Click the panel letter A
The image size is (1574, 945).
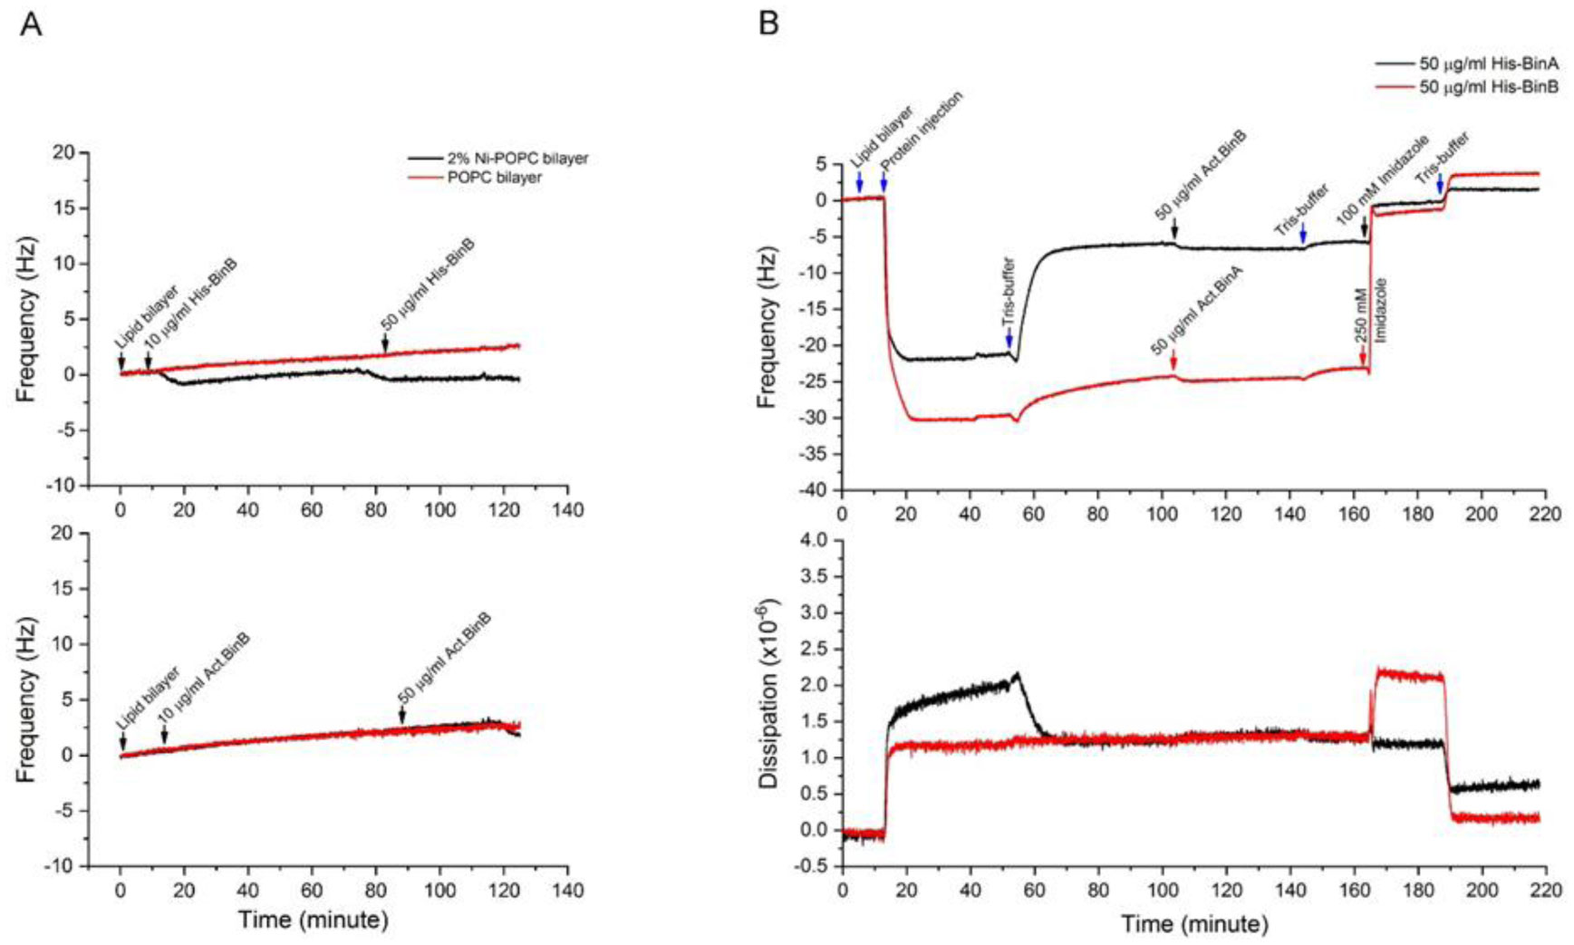tap(31, 24)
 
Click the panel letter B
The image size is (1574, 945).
tap(768, 24)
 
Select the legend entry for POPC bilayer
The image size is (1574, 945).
tap(494, 178)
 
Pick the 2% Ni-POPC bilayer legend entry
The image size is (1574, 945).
tap(517, 159)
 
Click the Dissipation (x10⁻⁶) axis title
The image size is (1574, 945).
tap(770, 693)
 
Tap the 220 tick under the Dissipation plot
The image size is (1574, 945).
tap(1545, 892)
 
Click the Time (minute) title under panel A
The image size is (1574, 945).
tap(314, 921)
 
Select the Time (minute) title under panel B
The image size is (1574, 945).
tap(1194, 924)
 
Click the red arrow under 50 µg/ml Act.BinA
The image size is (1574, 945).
tap(1173, 360)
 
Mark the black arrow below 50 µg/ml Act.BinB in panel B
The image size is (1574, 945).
tap(1174, 227)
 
